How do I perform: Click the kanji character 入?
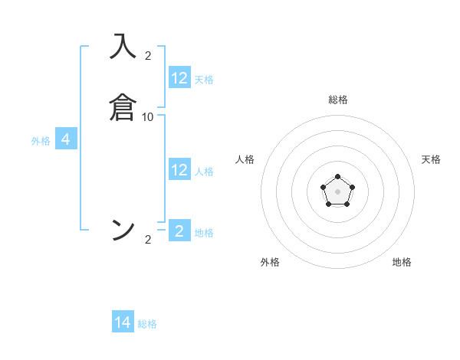click(x=123, y=47)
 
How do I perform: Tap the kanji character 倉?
click(x=123, y=106)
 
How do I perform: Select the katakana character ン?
click(x=123, y=229)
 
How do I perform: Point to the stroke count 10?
click(x=148, y=116)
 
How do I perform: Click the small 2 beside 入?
click(x=148, y=55)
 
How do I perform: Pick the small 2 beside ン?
click(x=148, y=240)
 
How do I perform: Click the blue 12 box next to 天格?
click(x=179, y=78)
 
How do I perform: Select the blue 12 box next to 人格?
click(x=179, y=170)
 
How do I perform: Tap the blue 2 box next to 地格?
click(x=179, y=231)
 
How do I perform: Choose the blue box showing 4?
click(x=66, y=139)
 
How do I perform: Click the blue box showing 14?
click(x=123, y=322)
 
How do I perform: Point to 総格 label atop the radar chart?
click(x=338, y=100)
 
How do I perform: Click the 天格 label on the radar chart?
click(x=431, y=159)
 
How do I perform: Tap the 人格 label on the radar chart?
click(x=245, y=159)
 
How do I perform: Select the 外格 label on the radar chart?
click(x=270, y=262)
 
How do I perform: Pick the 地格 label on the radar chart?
click(x=402, y=262)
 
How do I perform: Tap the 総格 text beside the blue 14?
click(x=147, y=324)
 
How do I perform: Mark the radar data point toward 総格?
click(x=338, y=178)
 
